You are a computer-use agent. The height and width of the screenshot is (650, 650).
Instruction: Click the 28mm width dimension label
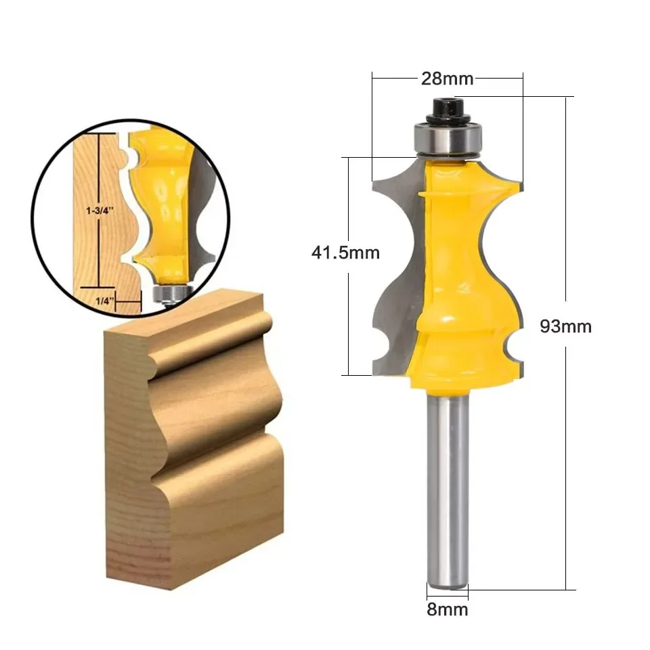coord(447,79)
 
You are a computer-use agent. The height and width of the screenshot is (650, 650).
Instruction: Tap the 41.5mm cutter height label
coord(345,253)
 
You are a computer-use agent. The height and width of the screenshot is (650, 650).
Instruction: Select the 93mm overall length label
coord(565,326)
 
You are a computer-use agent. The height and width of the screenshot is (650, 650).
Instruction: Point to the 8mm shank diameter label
coord(448,609)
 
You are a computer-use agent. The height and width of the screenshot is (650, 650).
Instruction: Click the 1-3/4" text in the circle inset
coord(100,211)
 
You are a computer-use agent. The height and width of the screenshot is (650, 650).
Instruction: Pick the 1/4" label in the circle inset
coord(105,301)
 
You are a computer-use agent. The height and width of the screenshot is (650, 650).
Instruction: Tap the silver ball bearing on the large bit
coord(448,139)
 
